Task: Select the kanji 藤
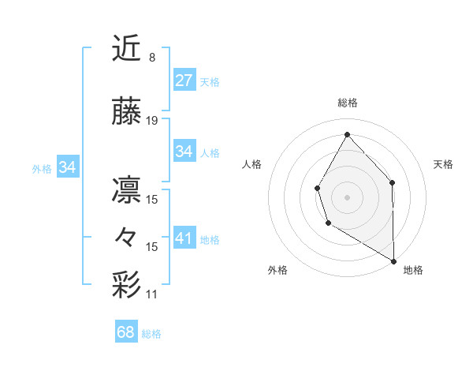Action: pyautogui.click(x=128, y=112)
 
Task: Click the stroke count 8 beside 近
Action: pyautogui.click(x=151, y=58)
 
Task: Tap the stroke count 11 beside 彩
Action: pyautogui.click(x=152, y=294)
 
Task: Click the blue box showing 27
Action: pyautogui.click(x=184, y=80)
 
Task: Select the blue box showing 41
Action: pyautogui.click(x=184, y=237)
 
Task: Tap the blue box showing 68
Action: pyautogui.click(x=125, y=332)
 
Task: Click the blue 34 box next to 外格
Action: pyautogui.click(x=68, y=167)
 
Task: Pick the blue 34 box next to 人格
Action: pyautogui.click(x=184, y=151)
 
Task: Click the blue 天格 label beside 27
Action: pyautogui.click(x=210, y=81)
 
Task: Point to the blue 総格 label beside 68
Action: pyautogui.click(x=151, y=334)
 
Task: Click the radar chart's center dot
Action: pyautogui.click(x=347, y=197)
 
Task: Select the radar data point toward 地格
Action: pyautogui.click(x=393, y=261)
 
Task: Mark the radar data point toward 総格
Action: pyautogui.click(x=347, y=133)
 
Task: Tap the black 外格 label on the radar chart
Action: pyautogui.click(x=277, y=270)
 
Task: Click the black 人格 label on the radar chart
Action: pyautogui.click(x=252, y=164)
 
